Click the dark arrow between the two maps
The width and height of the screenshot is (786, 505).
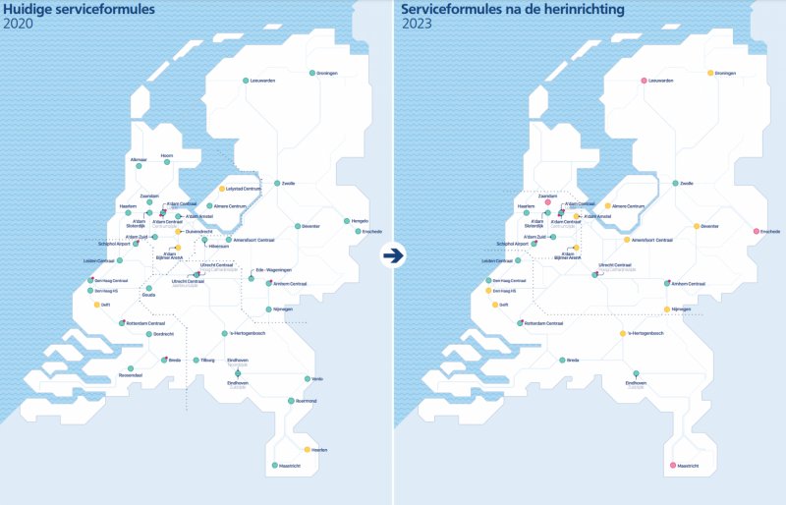(393, 255)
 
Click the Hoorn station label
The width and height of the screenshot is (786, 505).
(167, 155)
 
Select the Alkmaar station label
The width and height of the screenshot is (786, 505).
(138, 158)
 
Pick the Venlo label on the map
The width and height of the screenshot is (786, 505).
(316, 378)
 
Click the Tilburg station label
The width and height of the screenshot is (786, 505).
(207, 360)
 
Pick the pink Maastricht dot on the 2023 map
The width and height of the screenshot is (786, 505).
(673, 465)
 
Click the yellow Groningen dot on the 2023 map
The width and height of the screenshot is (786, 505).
(709, 73)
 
